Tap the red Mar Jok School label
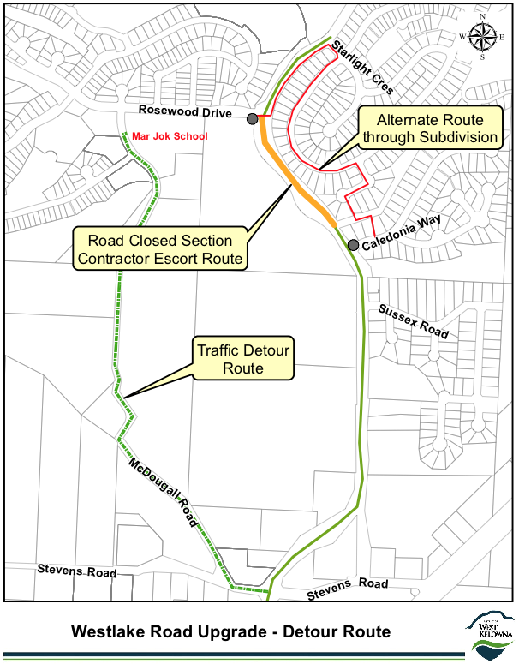(x=170, y=135)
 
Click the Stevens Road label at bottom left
(x=76, y=570)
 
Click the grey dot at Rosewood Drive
(x=252, y=119)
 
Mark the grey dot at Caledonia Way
(x=353, y=246)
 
